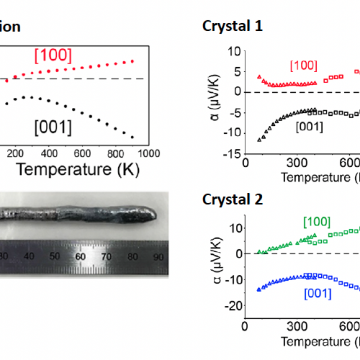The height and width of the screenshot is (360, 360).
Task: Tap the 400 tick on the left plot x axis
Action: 49,153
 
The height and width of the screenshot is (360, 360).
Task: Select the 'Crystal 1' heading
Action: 232,26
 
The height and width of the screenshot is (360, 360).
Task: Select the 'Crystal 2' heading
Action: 232,183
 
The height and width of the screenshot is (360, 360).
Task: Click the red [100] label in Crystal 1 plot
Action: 303,65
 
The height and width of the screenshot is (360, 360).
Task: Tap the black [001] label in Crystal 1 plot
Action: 309,127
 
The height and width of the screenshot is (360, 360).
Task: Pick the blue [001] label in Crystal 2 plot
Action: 318,293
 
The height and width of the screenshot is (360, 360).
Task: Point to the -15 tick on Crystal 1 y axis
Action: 232,154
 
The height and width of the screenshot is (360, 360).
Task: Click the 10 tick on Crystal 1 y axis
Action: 234,52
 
